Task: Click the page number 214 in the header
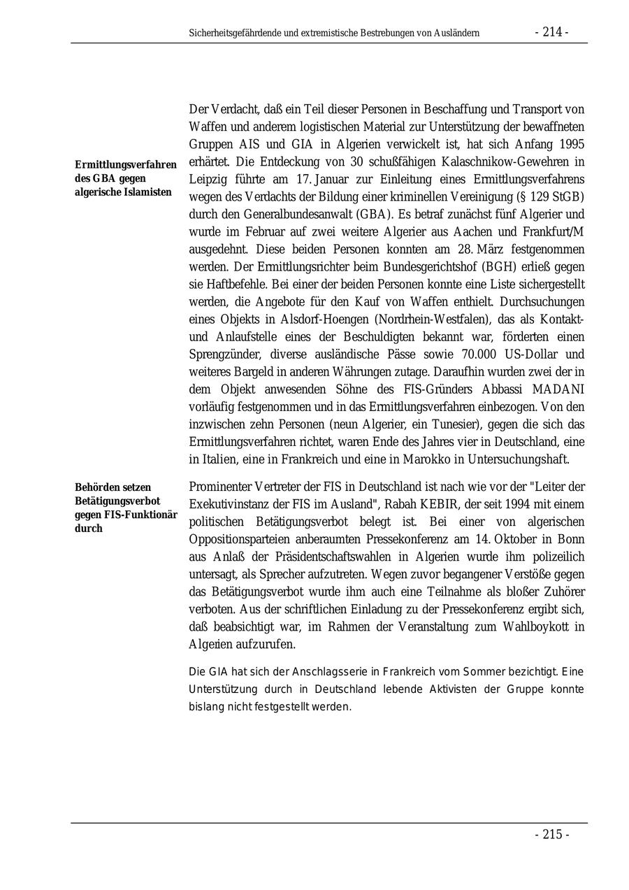(x=551, y=32)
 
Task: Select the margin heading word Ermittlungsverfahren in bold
(x=126, y=164)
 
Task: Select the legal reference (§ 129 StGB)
(x=549, y=196)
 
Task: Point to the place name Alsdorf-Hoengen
(x=316, y=319)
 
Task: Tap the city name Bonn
(x=572, y=539)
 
